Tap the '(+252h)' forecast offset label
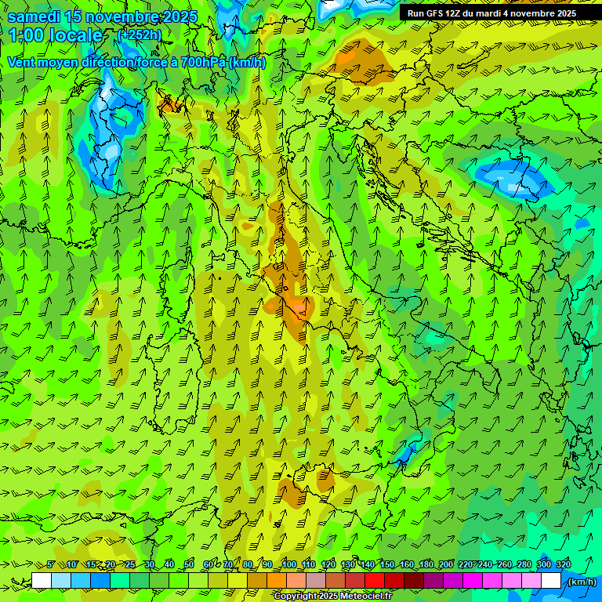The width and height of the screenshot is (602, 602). point(139,34)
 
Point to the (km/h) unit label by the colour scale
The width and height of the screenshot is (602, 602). point(582,581)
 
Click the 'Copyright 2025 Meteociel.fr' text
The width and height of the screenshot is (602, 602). point(332,597)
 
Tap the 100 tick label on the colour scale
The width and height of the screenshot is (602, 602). point(289,564)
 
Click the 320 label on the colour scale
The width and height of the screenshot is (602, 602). point(563,564)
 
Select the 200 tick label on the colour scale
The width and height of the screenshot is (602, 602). point(446,564)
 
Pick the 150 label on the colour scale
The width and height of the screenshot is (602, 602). point(387,564)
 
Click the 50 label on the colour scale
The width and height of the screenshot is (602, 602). point(189,564)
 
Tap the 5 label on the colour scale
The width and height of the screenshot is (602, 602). point(51,564)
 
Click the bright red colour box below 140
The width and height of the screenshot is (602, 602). point(375,580)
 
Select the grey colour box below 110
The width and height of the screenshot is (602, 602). point(316,580)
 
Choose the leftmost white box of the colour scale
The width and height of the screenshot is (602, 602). point(42,580)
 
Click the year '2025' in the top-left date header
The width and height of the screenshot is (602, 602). point(180,16)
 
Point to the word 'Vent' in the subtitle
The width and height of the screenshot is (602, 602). point(23,62)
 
